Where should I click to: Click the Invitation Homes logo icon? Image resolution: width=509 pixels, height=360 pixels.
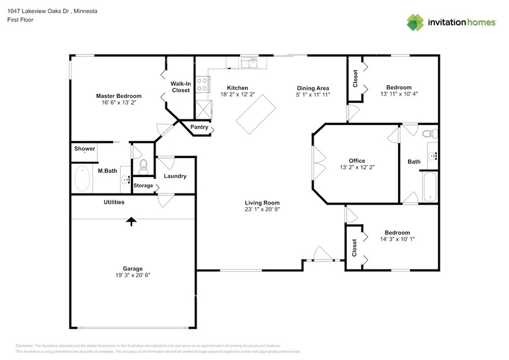click(416, 22)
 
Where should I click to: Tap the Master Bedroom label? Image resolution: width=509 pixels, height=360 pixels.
click(119, 96)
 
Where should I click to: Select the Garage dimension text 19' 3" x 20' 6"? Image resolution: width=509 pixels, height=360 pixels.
click(132, 276)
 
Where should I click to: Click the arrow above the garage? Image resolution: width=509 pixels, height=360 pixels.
click(131, 221)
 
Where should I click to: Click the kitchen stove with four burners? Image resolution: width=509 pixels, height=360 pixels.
click(202, 84)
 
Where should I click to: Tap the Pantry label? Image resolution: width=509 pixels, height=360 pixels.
click(199, 127)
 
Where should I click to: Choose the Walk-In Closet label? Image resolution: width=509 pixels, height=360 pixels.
click(181, 87)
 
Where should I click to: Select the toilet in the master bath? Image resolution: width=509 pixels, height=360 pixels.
click(143, 165)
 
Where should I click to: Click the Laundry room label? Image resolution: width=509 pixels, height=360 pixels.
click(175, 176)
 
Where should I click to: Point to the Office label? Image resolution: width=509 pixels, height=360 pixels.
click(357, 161)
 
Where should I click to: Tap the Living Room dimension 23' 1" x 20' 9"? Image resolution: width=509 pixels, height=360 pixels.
click(262, 209)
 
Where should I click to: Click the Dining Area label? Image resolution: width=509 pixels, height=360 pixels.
click(314, 88)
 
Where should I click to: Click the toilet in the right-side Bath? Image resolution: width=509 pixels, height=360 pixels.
click(427, 133)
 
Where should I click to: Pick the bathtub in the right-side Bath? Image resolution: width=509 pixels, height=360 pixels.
click(430, 187)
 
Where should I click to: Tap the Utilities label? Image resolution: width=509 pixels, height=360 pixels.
click(114, 202)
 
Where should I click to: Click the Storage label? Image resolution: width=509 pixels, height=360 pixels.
click(143, 186)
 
